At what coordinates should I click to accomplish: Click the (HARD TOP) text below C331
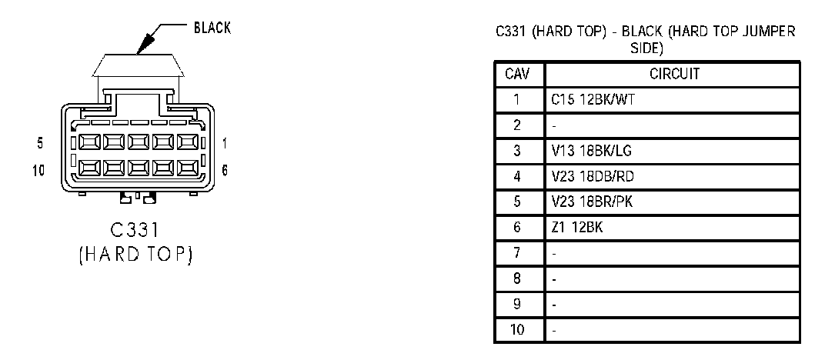pos(135,255)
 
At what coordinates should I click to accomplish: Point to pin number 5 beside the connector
pos(39,142)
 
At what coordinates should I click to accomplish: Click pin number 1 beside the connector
pos(225,142)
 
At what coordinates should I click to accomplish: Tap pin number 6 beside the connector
pos(225,170)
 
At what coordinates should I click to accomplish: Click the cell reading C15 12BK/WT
pos(583,100)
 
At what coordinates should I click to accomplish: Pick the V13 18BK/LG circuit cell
pos(583,151)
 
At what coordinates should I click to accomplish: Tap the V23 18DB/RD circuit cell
pos(583,177)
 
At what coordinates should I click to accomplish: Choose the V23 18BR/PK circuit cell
pos(582,202)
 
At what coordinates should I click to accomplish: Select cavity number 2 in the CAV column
pos(518,125)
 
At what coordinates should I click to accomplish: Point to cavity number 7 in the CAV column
pos(518,253)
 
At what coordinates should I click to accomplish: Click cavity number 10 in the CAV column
pos(518,330)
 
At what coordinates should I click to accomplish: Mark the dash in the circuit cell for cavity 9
pos(554,305)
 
